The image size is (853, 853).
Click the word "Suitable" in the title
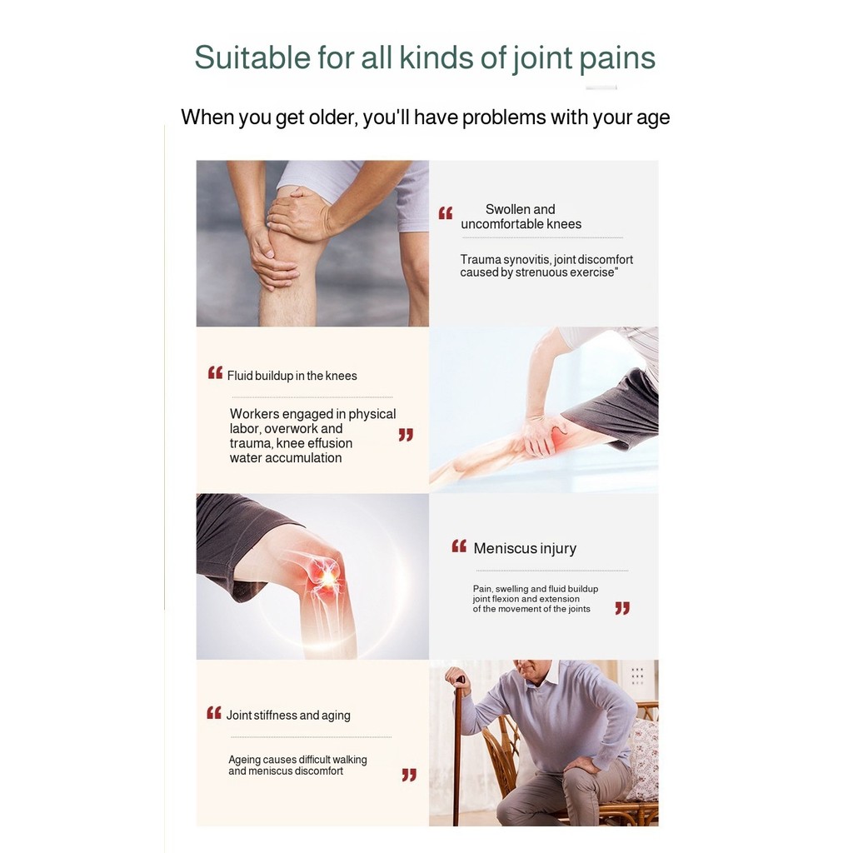252,57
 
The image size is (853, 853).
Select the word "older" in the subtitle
333,117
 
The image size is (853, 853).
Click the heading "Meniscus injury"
525,548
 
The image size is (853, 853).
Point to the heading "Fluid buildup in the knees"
292,376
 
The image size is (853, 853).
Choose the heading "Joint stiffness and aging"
288,716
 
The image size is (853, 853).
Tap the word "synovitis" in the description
526,260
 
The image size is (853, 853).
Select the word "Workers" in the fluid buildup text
254,414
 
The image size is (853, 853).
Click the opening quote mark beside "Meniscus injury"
459,546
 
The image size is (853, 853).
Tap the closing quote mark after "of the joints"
621,607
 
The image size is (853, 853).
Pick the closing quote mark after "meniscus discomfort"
409,775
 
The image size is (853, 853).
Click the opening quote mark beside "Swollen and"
446,213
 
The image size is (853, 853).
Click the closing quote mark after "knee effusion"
406,435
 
